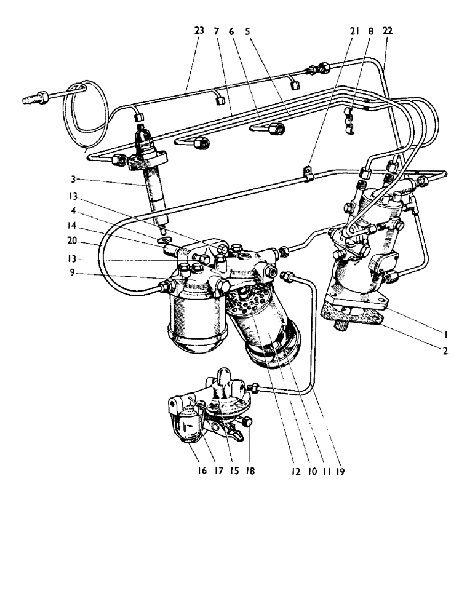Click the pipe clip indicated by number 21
tap(309, 177)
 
